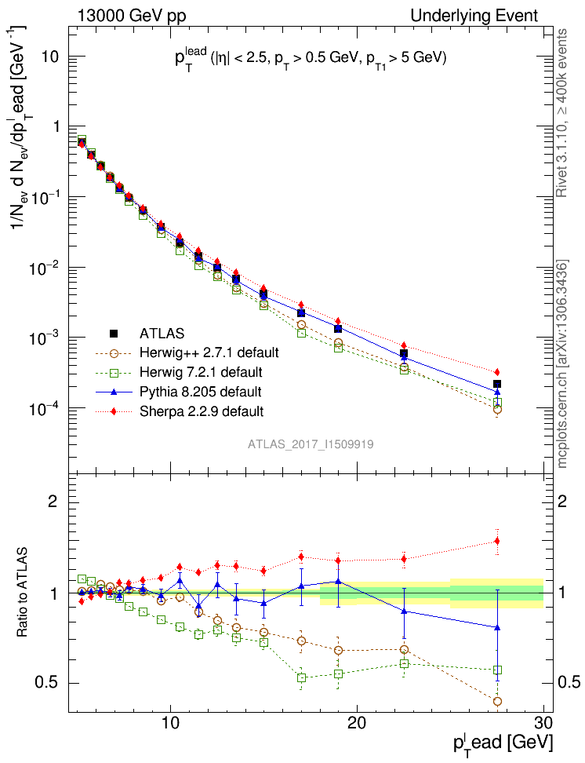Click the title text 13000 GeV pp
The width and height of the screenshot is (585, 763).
132,16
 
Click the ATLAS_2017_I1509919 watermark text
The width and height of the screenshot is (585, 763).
311,444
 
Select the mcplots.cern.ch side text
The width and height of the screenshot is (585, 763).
562,364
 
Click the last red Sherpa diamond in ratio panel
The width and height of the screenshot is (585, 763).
497,541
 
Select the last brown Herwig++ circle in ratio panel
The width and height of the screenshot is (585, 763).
497,701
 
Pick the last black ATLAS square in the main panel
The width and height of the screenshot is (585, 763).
497,384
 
